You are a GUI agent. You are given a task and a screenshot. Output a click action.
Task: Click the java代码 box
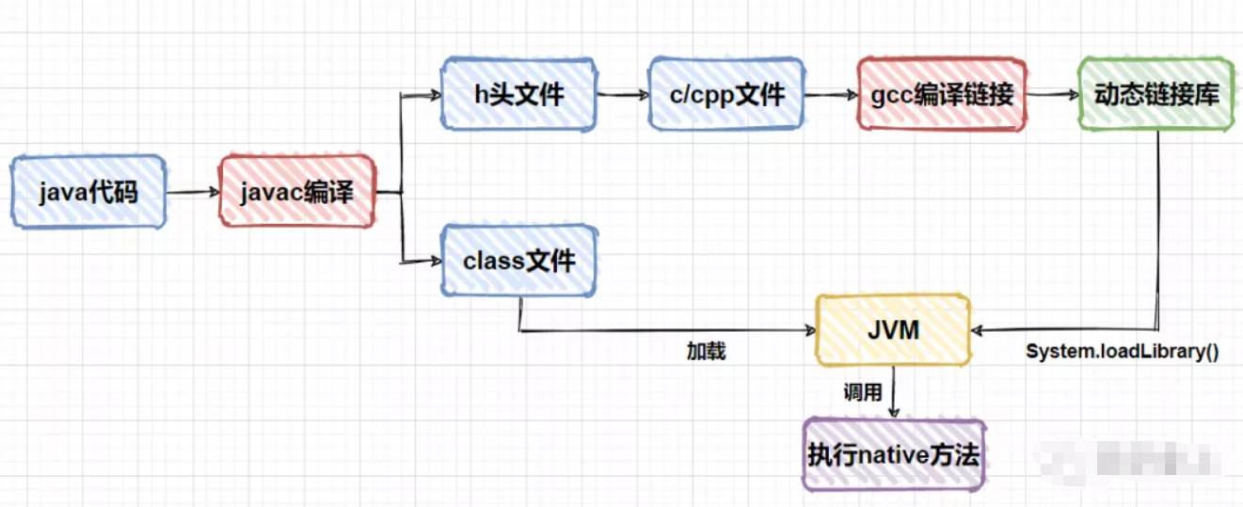coord(88,193)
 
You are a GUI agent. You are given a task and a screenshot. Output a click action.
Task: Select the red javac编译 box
coord(297,193)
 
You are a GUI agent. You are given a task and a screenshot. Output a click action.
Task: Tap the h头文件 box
coord(518,94)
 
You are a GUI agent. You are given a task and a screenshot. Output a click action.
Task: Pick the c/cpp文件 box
coord(725,94)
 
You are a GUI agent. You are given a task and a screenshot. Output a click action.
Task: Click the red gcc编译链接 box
coord(941,94)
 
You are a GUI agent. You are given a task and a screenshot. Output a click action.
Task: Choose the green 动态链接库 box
coord(1155,94)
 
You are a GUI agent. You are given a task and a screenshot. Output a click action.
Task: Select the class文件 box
coord(518,260)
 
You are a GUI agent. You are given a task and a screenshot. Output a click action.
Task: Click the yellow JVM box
coord(892,330)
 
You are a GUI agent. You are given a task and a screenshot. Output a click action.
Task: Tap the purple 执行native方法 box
coord(893,456)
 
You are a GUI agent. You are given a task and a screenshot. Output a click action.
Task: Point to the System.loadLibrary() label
coord(1122,353)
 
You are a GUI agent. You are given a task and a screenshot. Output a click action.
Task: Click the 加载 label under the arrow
coord(706,353)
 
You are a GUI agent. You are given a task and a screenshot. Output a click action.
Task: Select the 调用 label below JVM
coord(862,392)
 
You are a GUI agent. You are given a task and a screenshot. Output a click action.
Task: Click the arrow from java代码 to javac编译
coord(192,193)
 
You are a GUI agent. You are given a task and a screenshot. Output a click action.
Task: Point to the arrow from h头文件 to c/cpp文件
coord(621,94)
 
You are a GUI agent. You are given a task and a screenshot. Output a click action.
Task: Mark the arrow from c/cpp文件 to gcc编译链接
coord(830,94)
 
